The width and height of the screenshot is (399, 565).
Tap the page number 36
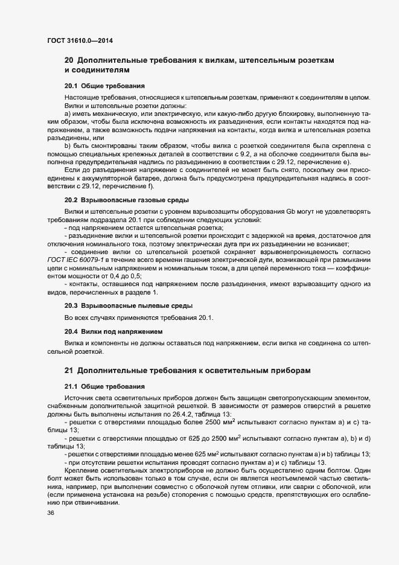pos(51,513)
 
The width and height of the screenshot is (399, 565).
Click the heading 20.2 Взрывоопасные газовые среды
pos(127,199)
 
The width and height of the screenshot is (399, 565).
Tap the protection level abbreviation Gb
pos(290,211)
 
